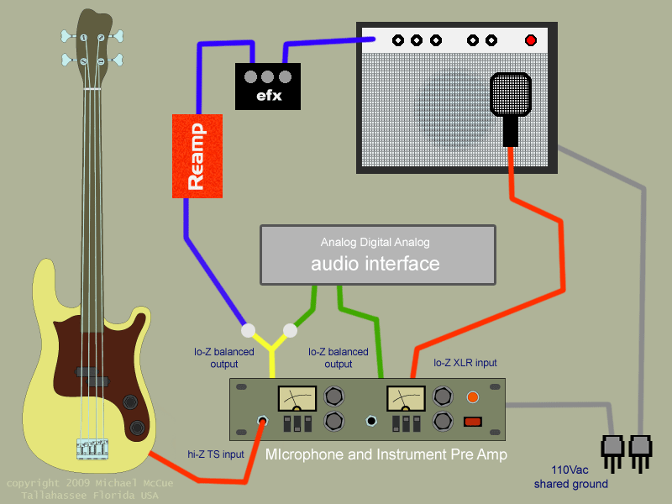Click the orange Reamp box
[x=197, y=155]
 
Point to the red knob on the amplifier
[x=530, y=40]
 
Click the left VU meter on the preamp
[x=297, y=398]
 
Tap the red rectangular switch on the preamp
[x=473, y=422]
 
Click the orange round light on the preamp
[x=473, y=396]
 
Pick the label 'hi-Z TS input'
[x=216, y=454]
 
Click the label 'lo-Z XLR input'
[x=465, y=363]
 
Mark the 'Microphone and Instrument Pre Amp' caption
[x=374, y=455]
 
